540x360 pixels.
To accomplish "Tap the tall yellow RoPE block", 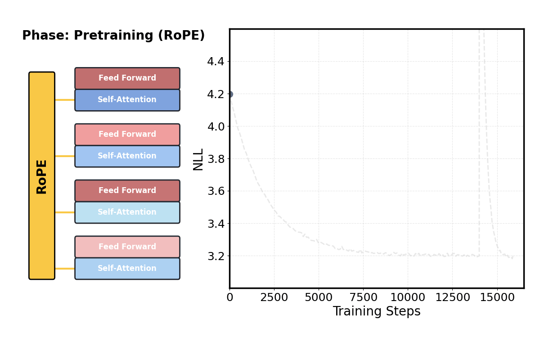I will click(42, 175).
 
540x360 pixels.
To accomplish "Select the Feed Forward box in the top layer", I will click(127, 78).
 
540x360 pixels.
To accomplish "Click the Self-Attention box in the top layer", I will click(127, 100).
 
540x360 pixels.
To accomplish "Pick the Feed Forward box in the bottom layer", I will click(127, 247).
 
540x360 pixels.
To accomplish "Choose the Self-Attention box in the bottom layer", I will click(127, 269).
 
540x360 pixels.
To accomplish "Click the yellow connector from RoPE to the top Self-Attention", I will click(65, 100).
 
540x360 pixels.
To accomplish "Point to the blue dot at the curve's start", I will click(229, 94).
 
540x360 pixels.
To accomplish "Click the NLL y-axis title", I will click(198, 159).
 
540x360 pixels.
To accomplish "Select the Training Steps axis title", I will click(377, 311).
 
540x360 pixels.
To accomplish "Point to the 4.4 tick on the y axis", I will click(216, 62).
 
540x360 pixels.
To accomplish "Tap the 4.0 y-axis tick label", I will click(216, 126).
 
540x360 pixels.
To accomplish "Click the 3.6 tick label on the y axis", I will click(216, 191).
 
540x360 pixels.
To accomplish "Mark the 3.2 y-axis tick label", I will click(216, 256).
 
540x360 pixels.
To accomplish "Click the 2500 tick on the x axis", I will click(274, 298).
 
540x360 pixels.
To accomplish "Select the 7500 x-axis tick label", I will click(363, 298).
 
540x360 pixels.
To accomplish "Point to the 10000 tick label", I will click(408, 298).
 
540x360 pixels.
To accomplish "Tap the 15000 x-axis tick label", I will click(497, 298).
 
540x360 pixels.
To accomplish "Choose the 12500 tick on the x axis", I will click(452, 298).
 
